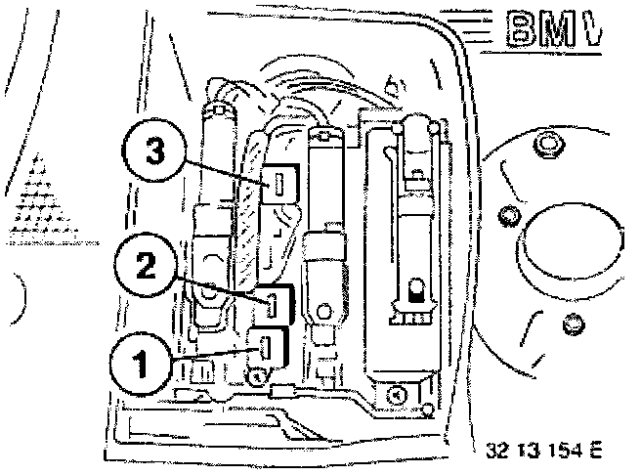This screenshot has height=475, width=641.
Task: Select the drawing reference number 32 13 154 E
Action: pos(543,451)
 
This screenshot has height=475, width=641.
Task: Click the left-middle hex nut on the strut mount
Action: pos(505,213)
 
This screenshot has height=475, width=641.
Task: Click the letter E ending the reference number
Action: pos(593,451)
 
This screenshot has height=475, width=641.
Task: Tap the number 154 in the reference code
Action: pos(564,451)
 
